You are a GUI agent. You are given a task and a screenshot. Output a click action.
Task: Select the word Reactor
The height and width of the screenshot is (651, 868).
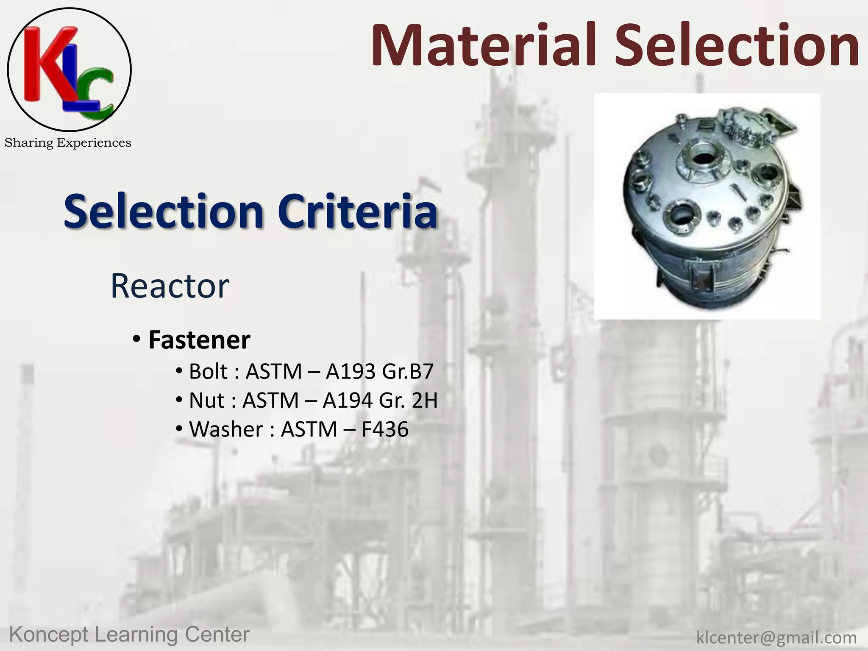click(170, 287)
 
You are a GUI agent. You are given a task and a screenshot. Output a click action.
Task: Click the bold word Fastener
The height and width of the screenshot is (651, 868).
click(199, 340)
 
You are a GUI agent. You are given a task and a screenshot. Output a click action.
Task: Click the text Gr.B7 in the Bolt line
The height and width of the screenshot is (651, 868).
click(407, 371)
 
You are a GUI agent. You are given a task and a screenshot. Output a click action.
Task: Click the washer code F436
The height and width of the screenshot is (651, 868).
click(385, 429)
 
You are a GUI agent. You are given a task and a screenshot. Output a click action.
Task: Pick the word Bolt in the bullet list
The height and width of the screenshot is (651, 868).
click(208, 371)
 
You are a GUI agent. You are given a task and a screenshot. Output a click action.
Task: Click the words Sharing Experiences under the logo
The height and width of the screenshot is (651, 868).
click(68, 143)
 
